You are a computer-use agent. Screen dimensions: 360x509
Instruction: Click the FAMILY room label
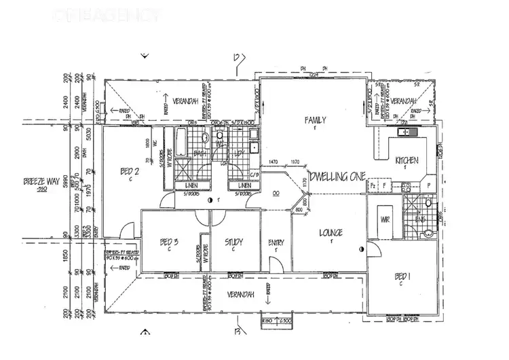(x=315, y=120)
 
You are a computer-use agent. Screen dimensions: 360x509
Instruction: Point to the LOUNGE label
(x=331, y=233)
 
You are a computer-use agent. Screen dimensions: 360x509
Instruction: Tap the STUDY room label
(x=233, y=242)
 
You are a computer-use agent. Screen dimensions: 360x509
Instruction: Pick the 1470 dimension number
(x=274, y=162)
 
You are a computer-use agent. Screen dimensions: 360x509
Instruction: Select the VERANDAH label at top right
(x=404, y=101)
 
